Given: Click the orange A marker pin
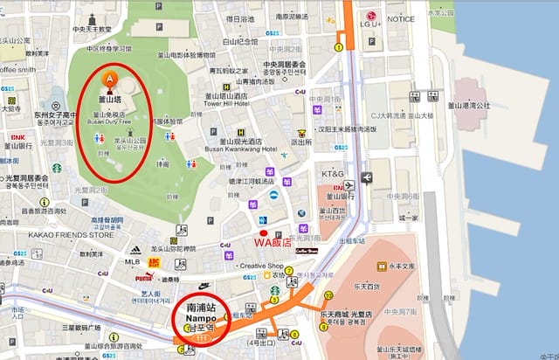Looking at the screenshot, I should (x=110, y=80).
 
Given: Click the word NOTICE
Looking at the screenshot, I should (x=401, y=18).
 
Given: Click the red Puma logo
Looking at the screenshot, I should (x=144, y=276).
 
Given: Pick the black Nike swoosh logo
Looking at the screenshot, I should (x=204, y=285).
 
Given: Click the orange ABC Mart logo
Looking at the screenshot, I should (x=155, y=261).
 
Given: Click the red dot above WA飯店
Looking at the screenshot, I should (x=277, y=234).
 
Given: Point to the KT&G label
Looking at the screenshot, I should (x=333, y=174).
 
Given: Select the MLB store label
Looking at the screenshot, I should (x=133, y=261).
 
